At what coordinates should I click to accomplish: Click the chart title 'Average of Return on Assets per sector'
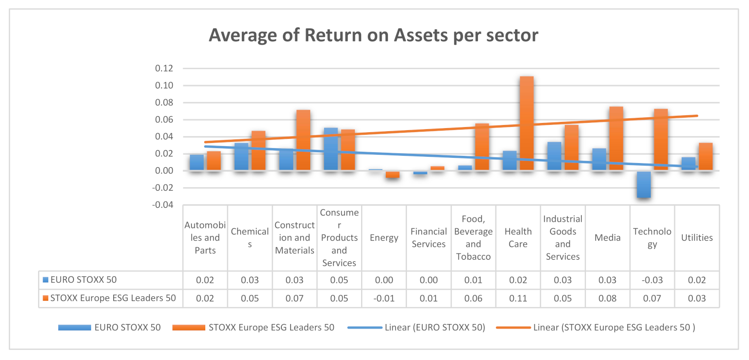point(373,35)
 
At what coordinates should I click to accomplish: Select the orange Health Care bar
point(526,123)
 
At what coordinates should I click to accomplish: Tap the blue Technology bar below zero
point(644,184)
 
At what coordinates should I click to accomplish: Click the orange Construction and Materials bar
point(303,140)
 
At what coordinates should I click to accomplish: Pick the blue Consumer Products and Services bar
point(331,149)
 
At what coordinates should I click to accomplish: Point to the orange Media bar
point(616,138)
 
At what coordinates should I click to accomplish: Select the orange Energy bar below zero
point(393,174)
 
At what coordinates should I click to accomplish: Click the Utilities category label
point(697,238)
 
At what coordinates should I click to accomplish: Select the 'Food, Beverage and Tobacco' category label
point(473,238)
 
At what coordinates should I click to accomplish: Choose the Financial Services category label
point(429,238)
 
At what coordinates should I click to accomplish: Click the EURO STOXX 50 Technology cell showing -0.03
point(652,280)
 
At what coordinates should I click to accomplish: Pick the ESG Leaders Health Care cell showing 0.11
point(518,298)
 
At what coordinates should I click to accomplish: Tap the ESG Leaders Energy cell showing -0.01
point(384,298)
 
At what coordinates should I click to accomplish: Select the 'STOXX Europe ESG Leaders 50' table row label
point(113,298)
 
